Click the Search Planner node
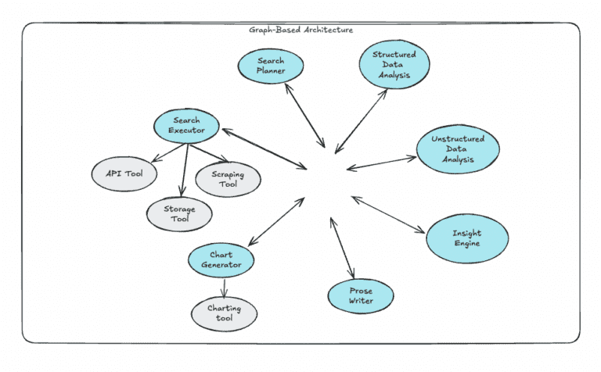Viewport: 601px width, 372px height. [x=270, y=66]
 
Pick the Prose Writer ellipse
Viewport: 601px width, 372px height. [x=360, y=296]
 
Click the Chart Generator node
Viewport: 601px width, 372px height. [x=221, y=260]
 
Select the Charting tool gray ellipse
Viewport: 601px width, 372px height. [x=224, y=313]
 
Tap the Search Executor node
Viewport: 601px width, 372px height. [x=187, y=126]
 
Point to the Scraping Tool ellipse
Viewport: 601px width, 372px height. [x=227, y=179]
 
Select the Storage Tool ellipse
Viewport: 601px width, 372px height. [x=178, y=214]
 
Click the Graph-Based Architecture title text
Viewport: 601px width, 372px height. [x=300, y=30]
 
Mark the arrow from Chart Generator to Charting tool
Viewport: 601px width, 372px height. [x=224, y=286]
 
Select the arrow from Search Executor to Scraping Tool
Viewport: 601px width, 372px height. [x=207, y=153]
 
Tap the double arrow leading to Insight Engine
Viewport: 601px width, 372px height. [x=388, y=215]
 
